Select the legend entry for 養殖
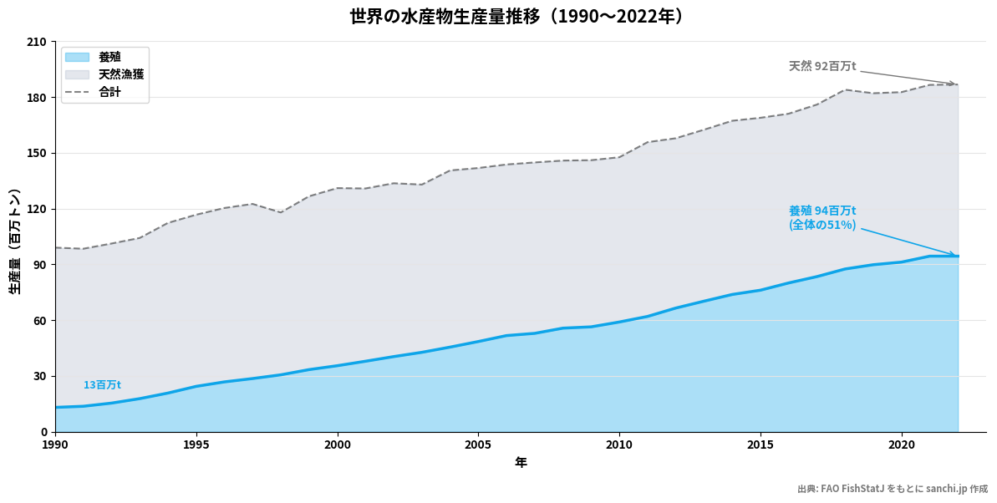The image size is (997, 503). click(109, 57)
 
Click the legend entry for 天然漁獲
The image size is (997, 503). click(120, 74)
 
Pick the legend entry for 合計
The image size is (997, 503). click(109, 92)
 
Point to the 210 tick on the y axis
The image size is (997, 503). click(38, 42)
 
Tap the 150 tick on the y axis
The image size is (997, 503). click(38, 154)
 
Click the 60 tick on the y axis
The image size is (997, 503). click(40, 321)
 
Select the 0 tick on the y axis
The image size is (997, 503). click(43, 432)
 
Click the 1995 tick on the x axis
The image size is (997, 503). click(196, 445)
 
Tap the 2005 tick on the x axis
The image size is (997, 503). click(478, 445)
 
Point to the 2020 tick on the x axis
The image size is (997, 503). click(901, 445)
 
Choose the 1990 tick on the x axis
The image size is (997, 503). click(55, 445)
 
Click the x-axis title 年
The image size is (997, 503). click(521, 462)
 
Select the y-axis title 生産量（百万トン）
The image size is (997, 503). click(15, 241)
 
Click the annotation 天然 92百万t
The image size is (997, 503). click(822, 66)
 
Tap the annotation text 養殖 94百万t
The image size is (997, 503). click(822, 211)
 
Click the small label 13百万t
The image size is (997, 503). click(102, 385)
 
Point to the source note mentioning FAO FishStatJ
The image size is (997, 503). click(892, 489)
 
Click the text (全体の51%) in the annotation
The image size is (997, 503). click(822, 225)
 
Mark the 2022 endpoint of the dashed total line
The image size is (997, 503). click(958, 84)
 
